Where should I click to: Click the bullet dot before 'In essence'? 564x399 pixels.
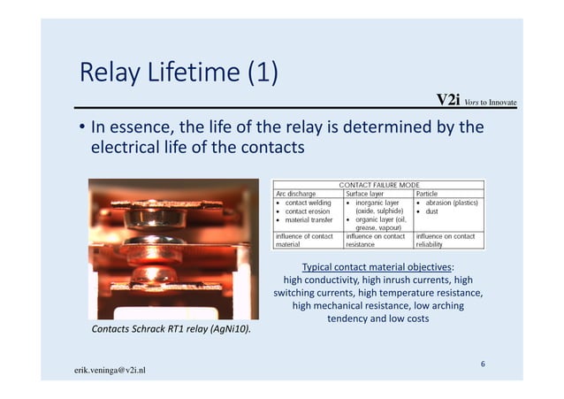tap(80, 128)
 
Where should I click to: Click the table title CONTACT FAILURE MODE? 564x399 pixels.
tap(378, 184)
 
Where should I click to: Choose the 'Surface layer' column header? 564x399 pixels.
tap(369, 193)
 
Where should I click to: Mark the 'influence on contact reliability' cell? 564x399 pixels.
tap(448, 240)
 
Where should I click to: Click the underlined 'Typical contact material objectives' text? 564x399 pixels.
tap(378, 267)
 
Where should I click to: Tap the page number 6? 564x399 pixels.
tap(483, 364)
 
